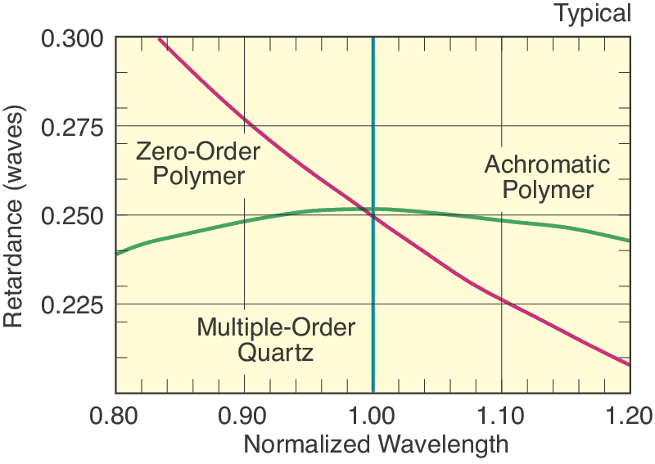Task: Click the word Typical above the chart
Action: [x=593, y=13]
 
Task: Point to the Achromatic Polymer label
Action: [x=547, y=177]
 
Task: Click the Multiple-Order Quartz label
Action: [x=276, y=340]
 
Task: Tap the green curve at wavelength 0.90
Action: [x=244, y=221]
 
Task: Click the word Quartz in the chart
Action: [x=276, y=354]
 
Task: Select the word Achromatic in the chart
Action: [x=547, y=164]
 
